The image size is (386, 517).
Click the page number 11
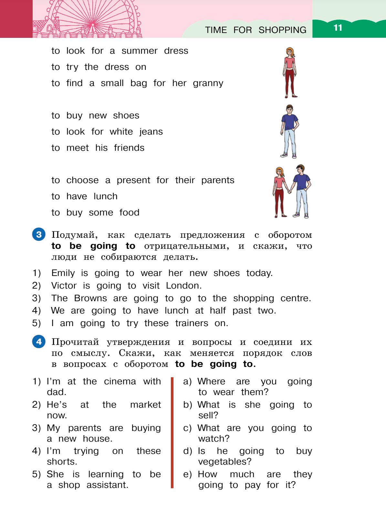pos(338,28)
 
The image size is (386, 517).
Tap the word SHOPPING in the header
pos(282,30)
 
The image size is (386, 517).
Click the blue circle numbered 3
pos(39,234)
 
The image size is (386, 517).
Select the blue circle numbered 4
pos(39,341)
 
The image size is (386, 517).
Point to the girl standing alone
pos(290,72)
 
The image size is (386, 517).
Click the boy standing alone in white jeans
pos(289,131)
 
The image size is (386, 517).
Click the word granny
pos(208,83)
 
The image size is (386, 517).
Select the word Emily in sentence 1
pos(63,273)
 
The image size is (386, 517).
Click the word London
pos(183,286)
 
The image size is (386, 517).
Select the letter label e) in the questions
pos(187,475)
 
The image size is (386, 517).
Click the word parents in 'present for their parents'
pos(218,180)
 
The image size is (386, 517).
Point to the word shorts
pos(62,462)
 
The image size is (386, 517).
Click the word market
pos(145,405)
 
